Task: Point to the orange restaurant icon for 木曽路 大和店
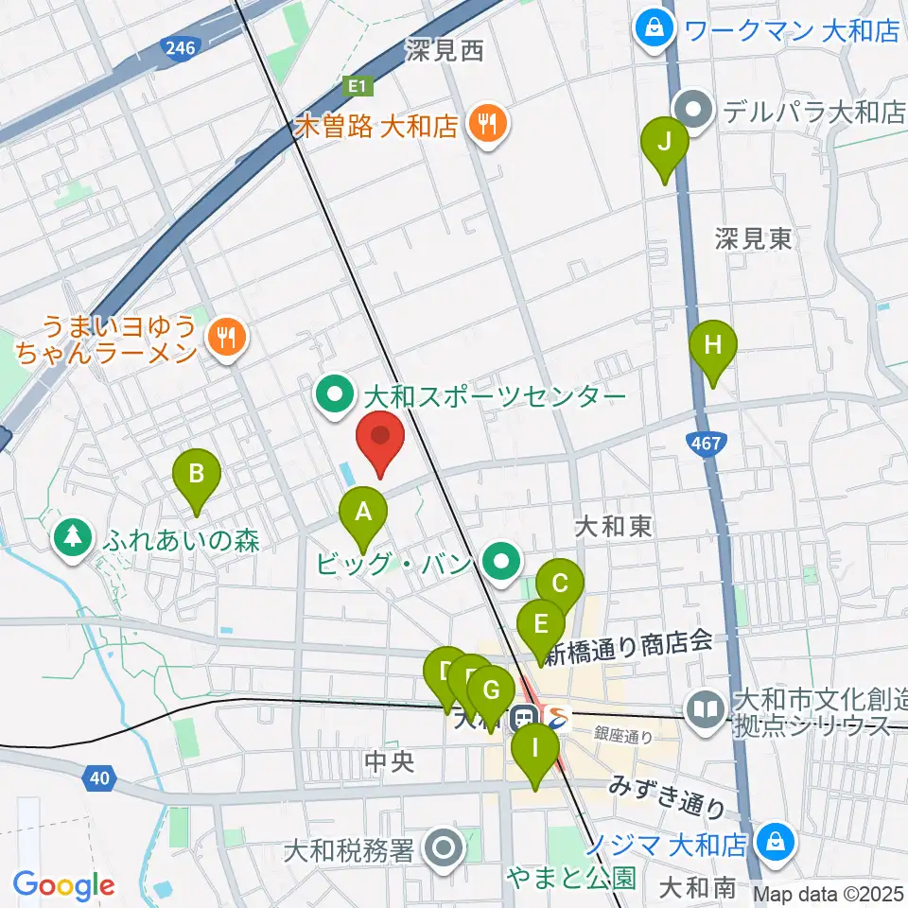pyautogui.click(x=488, y=126)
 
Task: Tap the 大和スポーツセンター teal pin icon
pyautogui.click(x=334, y=396)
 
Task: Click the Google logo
pyautogui.click(x=63, y=885)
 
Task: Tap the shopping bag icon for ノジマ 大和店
pyautogui.click(x=776, y=840)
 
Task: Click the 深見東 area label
pyautogui.click(x=753, y=239)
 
